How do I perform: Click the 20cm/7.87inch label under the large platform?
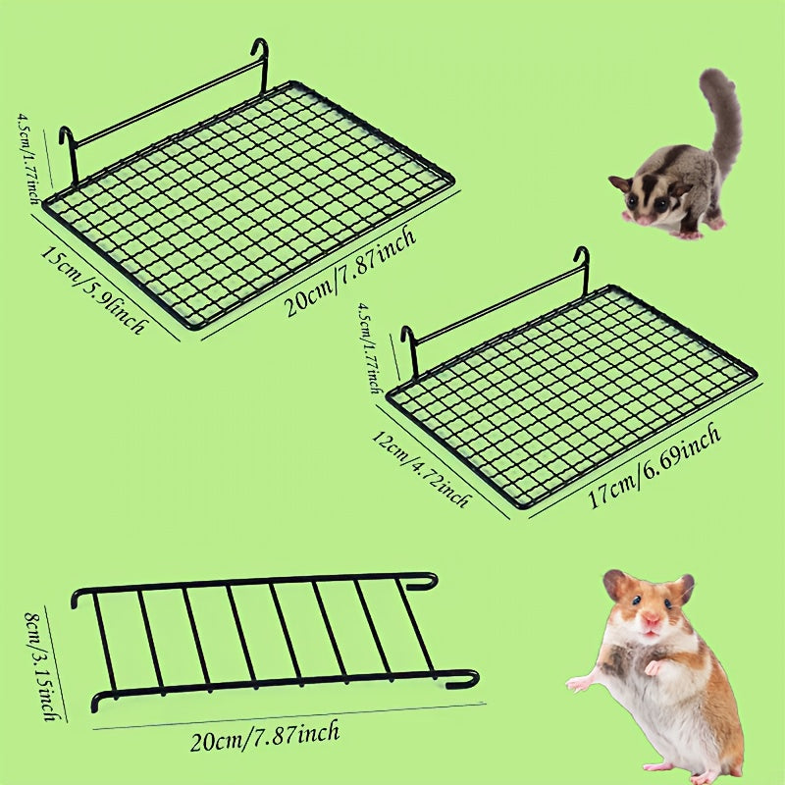point(350,271)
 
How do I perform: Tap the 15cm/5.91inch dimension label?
point(94,289)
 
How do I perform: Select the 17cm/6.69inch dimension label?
point(654,465)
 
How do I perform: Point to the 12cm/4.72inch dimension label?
point(421,469)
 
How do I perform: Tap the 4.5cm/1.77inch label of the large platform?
point(28,158)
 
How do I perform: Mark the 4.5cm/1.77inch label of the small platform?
point(369,347)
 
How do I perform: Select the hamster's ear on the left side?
point(615,585)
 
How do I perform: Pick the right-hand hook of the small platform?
point(583,271)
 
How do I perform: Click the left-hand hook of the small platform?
point(410,350)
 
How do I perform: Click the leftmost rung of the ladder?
point(105,645)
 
